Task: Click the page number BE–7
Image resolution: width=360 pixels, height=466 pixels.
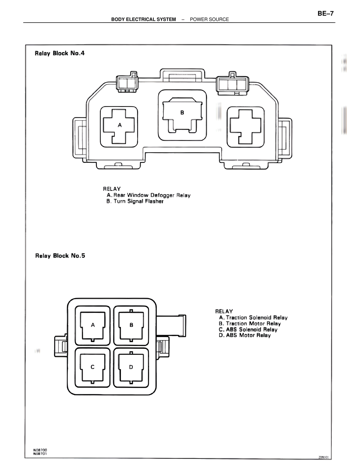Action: (x=325, y=14)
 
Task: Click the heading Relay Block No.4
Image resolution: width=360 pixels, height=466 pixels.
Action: (x=60, y=53)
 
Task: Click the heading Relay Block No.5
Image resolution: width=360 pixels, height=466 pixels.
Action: (x=60, y=256)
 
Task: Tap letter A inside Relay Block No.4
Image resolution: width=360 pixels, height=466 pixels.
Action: (x=120, y=125)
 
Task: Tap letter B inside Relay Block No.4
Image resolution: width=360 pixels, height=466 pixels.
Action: (x=182, y=113)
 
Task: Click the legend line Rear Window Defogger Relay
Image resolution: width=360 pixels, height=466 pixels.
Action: (x=148, y=195)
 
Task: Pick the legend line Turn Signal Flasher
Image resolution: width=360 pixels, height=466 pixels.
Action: (x=135, y=201)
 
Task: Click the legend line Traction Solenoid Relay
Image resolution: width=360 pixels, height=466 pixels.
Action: (x=253, y=318)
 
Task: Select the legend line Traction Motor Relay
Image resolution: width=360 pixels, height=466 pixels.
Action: (x=250, y=324)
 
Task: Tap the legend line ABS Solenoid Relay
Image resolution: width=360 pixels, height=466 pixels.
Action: (x=248, y=330)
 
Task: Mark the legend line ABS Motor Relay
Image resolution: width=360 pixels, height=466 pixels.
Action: (x=245, y=335)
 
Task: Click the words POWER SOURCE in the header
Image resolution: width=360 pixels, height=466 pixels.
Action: (x=209, y=19)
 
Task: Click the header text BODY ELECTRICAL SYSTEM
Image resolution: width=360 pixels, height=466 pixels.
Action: (x=143, y=19)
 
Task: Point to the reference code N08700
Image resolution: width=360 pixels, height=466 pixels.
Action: (x=40, y=450)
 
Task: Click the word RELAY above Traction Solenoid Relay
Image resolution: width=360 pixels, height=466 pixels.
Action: (x=224, y=311)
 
